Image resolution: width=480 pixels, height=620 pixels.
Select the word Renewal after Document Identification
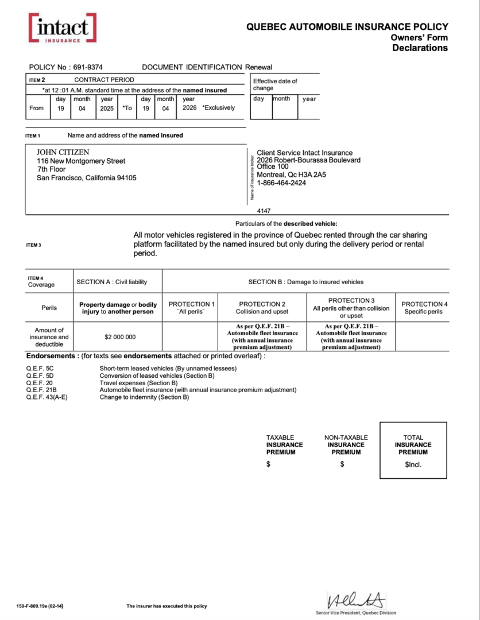pos(258,67)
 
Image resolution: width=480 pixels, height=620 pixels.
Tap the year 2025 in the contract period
pos(107,108)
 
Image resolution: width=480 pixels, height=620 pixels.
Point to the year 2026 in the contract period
pos(189,108)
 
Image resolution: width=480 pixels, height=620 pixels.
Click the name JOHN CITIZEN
pos(63,152)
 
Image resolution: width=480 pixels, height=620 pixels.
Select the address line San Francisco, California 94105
pos(86,178)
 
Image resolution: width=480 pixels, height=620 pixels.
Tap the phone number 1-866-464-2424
pos(281,183)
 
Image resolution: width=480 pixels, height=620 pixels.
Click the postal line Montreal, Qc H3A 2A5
pos(291,175)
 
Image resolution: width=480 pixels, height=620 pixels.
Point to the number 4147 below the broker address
pos(264,211)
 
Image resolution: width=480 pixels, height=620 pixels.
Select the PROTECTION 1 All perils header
pos(190,308)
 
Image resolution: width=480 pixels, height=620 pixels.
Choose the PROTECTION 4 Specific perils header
pos(424,308)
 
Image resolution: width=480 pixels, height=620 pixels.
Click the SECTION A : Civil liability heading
pos(111,282)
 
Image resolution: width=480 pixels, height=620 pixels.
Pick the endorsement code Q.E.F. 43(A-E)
pos(47,397)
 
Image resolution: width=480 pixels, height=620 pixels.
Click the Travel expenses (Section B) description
pos(138,382)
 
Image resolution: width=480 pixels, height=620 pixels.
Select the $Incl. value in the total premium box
pos(413,464)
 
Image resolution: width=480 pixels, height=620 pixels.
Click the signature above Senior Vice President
pos(355,600)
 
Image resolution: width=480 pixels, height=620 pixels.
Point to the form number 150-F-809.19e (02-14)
pos(40,606)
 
